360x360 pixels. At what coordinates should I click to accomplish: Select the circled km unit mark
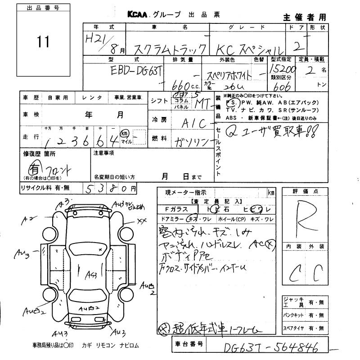[x=125, y=134]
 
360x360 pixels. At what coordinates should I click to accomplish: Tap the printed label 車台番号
[x=189, y=345]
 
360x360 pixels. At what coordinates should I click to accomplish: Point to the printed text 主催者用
[x=305, y=18]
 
